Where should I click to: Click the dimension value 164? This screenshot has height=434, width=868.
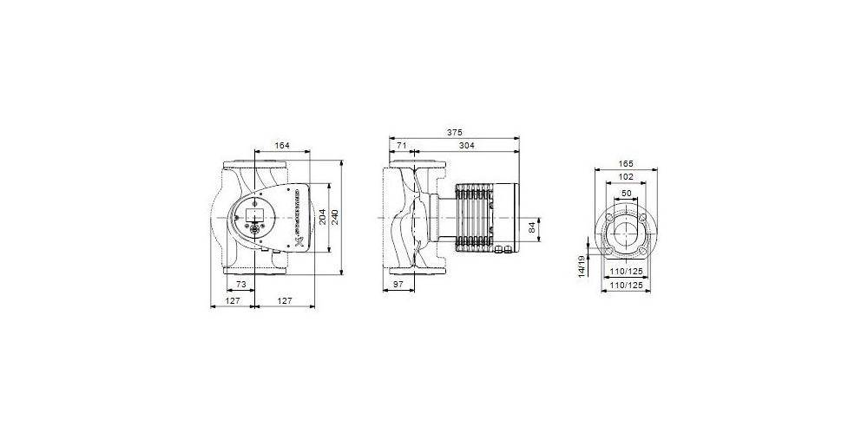281,146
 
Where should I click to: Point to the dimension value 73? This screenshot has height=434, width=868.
242,285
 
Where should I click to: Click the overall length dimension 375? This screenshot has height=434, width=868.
455,133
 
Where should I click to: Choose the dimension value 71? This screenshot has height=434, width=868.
401,146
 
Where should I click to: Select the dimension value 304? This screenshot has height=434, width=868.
468,146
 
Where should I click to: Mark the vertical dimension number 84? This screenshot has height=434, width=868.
531,228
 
